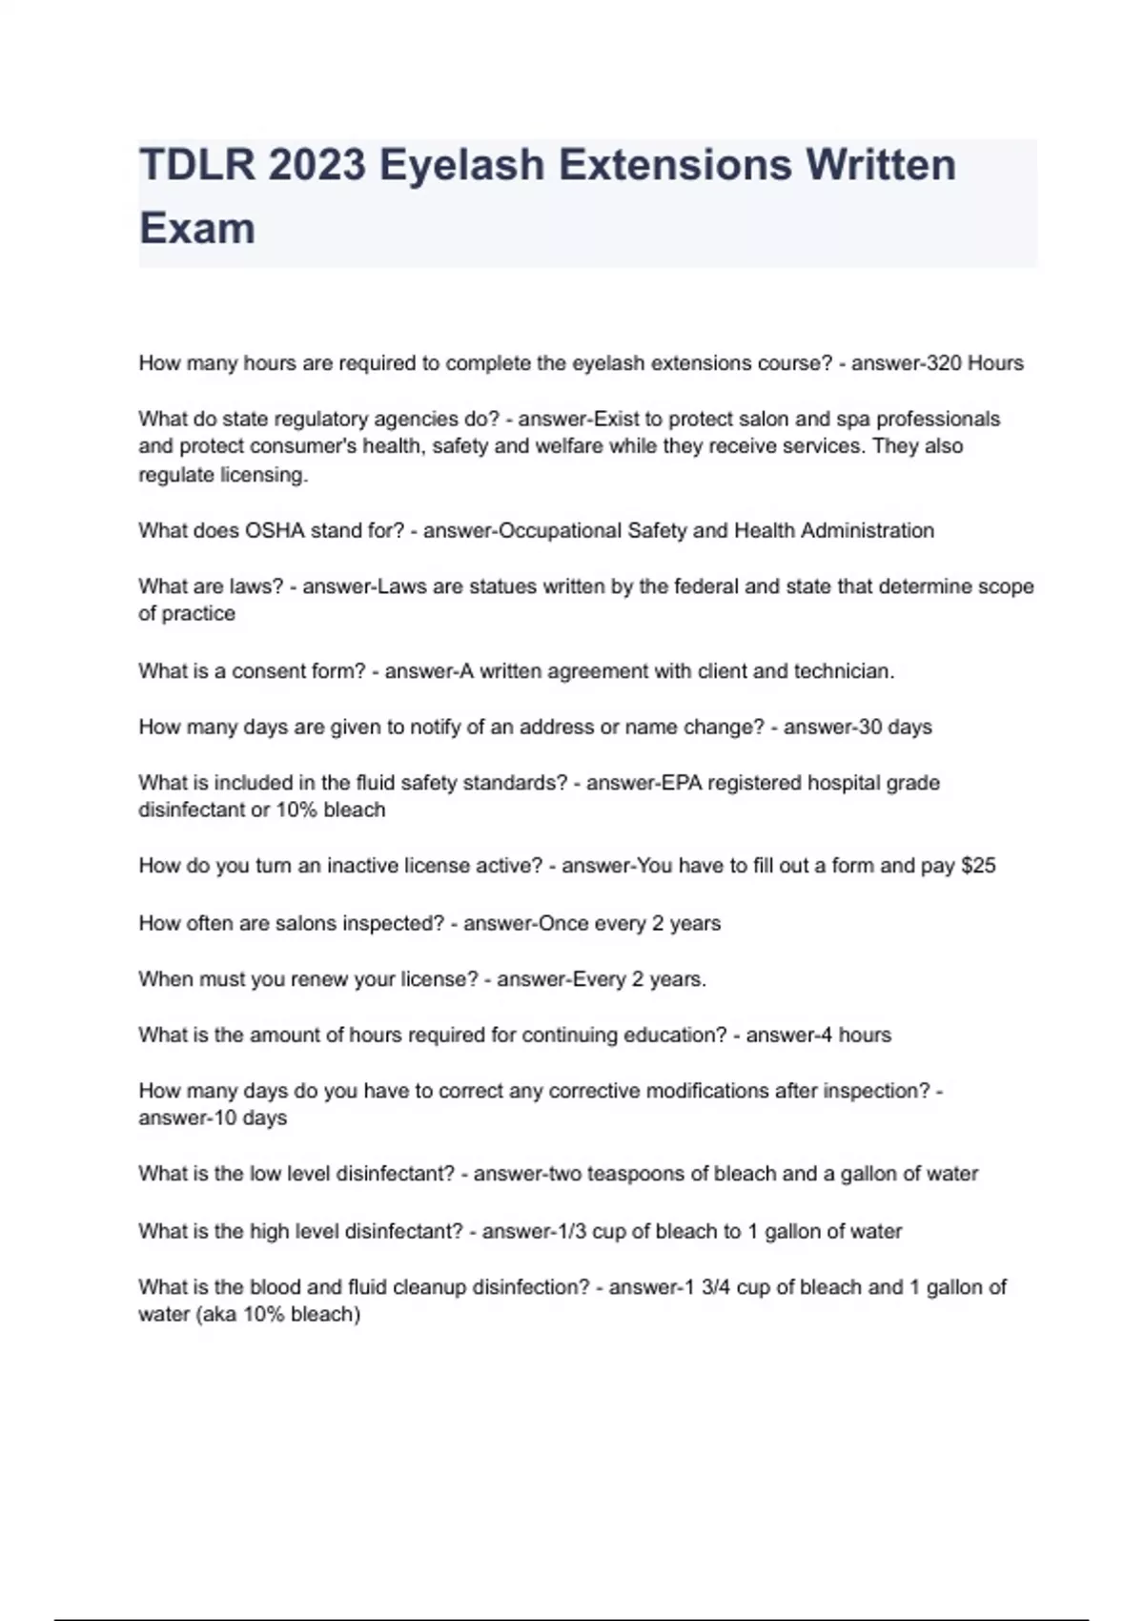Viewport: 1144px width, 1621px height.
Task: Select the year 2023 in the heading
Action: (317, 165)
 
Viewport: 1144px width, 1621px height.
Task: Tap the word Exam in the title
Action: (197, 229)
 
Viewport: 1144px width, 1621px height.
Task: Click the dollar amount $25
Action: (978, 866)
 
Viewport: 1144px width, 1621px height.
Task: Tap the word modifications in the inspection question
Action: (707, 1091)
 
